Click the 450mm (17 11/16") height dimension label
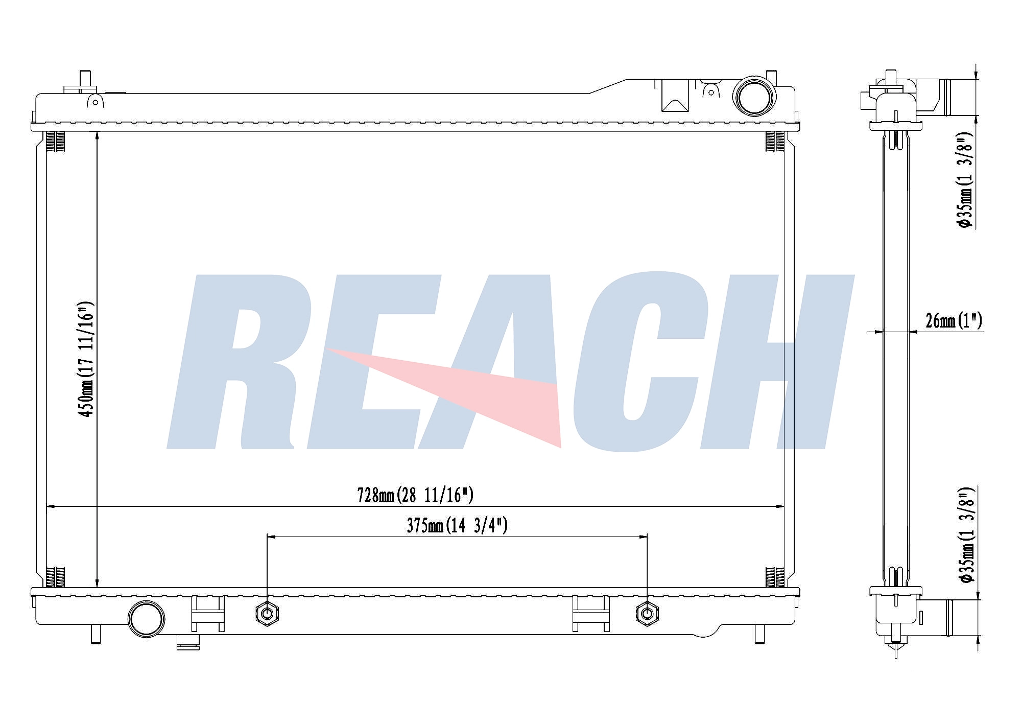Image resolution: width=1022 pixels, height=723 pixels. pos(86,359)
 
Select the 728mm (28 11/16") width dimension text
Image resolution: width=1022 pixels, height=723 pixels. pos(415,495)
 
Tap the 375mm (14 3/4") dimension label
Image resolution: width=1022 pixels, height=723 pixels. pos(457,525)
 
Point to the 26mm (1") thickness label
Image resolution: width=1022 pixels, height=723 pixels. pos(954,320)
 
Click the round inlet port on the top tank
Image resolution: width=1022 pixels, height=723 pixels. pos(754,96)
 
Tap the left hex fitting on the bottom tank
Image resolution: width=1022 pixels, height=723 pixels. pos(267,613)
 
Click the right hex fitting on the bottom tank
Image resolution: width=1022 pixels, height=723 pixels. pos(647,613)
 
